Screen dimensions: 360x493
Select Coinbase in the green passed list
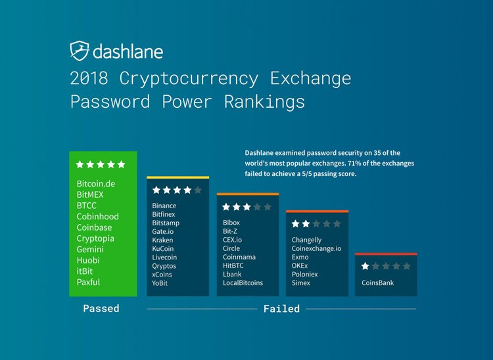(95, 227)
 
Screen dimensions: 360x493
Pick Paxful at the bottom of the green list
(90, 282)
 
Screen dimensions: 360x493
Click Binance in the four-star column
(164, 206)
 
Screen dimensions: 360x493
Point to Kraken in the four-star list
(162, 240)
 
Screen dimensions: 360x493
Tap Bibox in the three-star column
(231, 223)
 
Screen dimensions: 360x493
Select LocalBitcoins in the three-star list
(243, 283)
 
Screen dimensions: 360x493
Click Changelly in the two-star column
(306, 240)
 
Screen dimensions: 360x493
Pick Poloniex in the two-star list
(304, 275)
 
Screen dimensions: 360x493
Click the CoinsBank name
(377, 283)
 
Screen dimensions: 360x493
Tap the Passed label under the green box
(101, 308)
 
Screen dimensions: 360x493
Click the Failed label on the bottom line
(281, 309)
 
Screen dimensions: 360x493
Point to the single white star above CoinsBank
(365, 266)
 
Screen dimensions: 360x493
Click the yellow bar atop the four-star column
(177, 177)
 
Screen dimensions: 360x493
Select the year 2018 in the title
(91, 78)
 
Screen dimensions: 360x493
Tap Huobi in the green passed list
(89, 260)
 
